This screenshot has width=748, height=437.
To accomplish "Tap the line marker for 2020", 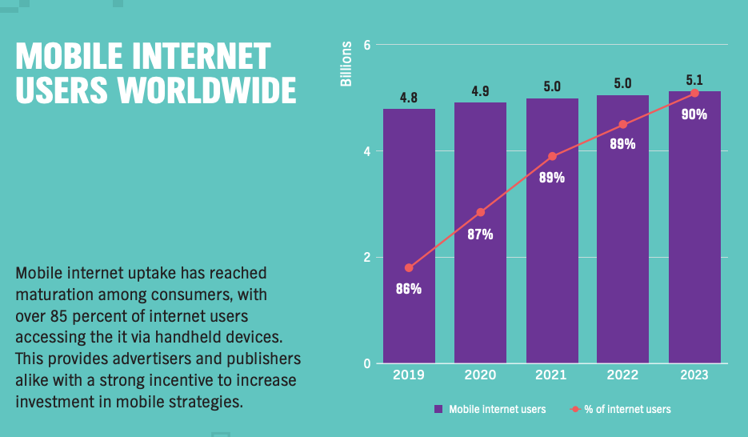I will [x=481, y=212].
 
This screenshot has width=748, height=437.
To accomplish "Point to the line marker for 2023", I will [x=694, y=94].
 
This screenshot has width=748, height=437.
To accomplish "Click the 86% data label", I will [x=409, y=289].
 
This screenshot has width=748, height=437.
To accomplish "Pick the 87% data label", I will [x=481, y=235].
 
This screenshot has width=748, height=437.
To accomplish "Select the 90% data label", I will [x=694, y=114].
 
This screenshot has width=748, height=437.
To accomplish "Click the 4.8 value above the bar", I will [x=409, y=98].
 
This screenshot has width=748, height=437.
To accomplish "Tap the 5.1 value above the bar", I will [x=694, y=80].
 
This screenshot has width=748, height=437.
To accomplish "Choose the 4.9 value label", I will [x=481, y=91].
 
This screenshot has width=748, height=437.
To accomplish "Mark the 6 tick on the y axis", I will [x=367, y=45].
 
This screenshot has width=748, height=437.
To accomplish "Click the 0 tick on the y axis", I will [x=367, y=364].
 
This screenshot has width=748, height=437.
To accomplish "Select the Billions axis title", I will [x=346, y=63].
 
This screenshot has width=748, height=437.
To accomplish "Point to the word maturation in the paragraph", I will [x=54, y=294].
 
